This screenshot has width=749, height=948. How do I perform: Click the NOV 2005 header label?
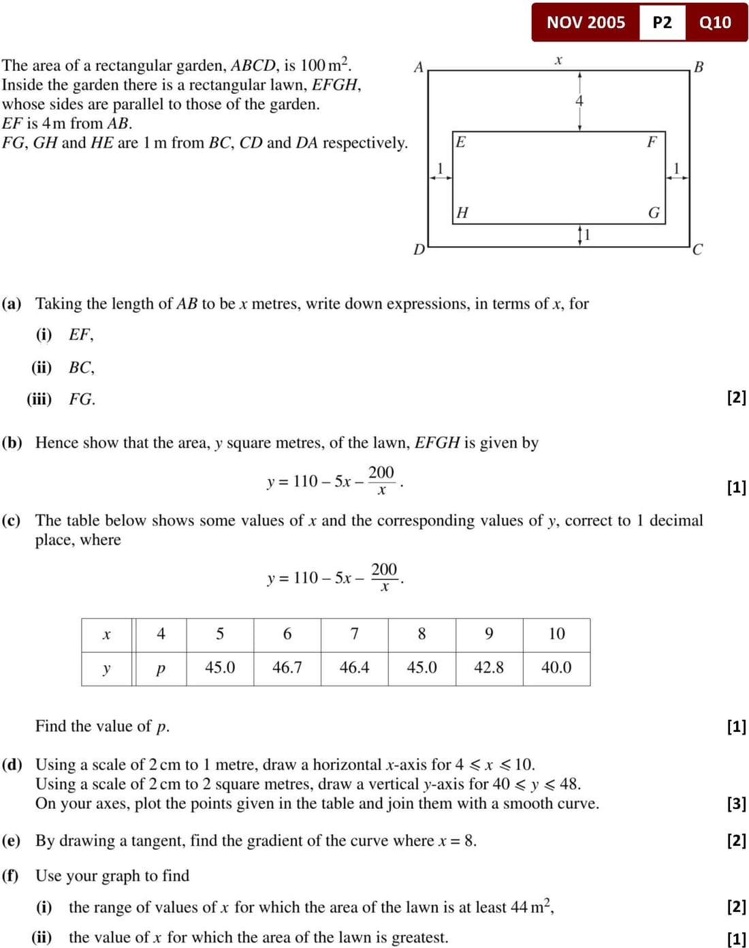pos(586,22)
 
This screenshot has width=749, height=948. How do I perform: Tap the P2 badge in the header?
pos(662,22)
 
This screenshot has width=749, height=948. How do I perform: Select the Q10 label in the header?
pos(715,22)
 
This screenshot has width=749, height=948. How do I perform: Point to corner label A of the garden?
pos(419,67)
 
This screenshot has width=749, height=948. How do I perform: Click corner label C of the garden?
pos(697,249)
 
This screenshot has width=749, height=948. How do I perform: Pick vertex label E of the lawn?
pos(461,142)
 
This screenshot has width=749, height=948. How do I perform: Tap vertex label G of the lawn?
pos(654,213)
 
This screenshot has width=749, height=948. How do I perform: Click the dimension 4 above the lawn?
pos(579,101)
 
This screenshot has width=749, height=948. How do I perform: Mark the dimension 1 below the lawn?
pos(587,234)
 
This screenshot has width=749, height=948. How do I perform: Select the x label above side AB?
pos(558,60)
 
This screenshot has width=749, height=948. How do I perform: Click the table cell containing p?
pos(161,668)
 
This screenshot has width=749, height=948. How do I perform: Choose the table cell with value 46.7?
pos(287,667)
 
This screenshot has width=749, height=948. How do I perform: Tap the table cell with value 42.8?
pos(489,667)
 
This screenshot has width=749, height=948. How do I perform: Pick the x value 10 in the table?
pos(556,634)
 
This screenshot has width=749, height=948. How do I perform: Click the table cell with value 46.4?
pos(354,667)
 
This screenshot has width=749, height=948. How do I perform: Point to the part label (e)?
pos(12,840)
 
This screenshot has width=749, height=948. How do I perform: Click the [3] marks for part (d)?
pos(736,804)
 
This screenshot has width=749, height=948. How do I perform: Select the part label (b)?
pos(12,442)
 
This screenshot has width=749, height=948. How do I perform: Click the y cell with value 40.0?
pos(556,667)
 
